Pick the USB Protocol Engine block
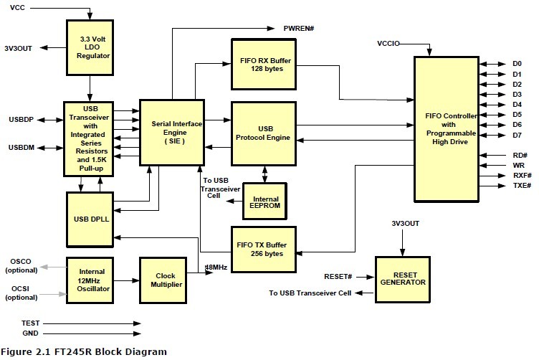pyautogui.click(x=263, y=133)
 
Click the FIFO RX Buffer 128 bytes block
pyautogui.click(x=263, y=64)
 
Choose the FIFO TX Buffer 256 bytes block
pyautogui.click(x=263, y=249)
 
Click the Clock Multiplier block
pyautogui.click(x=165, y=280)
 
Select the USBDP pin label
pyautogui.click(x=22, y=118)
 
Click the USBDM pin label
pyautogui.click(x=22, y=148)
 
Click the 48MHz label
pyautogui.click(x=217, y=267)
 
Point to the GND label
pyautogui.click(x=29, y=334)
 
